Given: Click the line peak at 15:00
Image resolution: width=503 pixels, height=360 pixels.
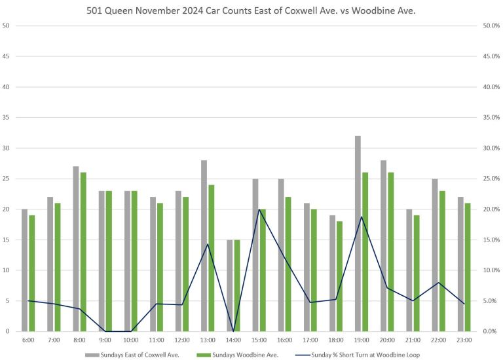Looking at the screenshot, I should pos(259,209).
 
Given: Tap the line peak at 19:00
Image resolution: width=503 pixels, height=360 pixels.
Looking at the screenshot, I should pos(362,217).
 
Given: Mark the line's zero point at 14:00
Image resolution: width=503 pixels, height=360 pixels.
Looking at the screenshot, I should pos(233,331).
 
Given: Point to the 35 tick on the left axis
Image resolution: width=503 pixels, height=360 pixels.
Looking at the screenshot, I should pos(7,117).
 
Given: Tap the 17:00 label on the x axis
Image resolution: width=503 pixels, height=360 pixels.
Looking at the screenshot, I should pos(310,340).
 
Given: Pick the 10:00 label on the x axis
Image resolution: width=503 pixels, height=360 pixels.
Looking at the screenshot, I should pos(131,340).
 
